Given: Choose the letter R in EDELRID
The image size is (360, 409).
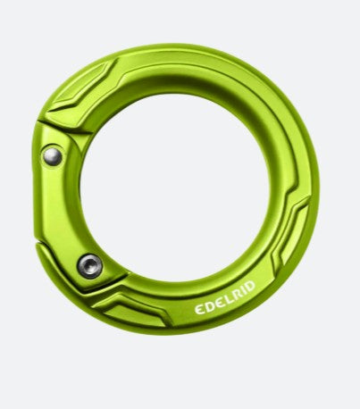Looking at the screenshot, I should tap(237, 294).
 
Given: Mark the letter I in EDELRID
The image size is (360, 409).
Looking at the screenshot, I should tap(244, 288).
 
